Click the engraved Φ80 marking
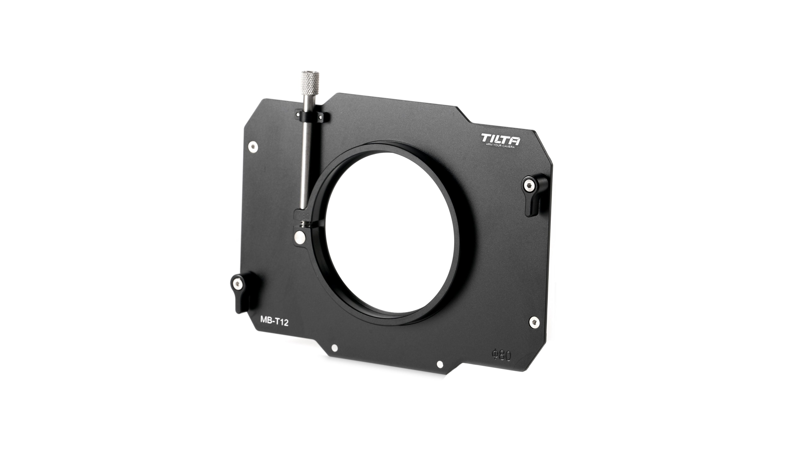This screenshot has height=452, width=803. click(x=501, y=356)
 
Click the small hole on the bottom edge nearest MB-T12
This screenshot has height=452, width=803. click(x=334, y=348)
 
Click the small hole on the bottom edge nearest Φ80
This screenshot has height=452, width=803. click(x=440, y=364)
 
